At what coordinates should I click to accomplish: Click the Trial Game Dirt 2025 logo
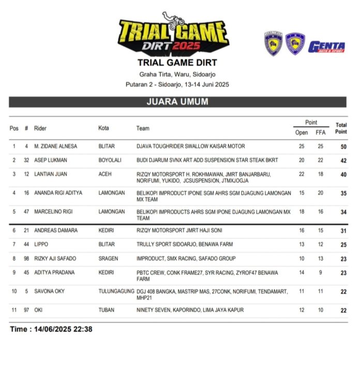[173, 34]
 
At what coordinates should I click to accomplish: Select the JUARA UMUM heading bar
[177, 102]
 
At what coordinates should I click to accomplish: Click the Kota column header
[103, 128]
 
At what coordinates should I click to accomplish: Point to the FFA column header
[320, 132]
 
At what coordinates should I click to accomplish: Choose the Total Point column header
[341, 128]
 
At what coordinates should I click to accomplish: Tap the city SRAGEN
[108, 258]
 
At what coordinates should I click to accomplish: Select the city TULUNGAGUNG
[116, 291]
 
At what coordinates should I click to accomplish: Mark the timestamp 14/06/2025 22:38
[51, 329]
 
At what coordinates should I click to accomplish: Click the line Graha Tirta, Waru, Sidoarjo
[177, 74]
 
